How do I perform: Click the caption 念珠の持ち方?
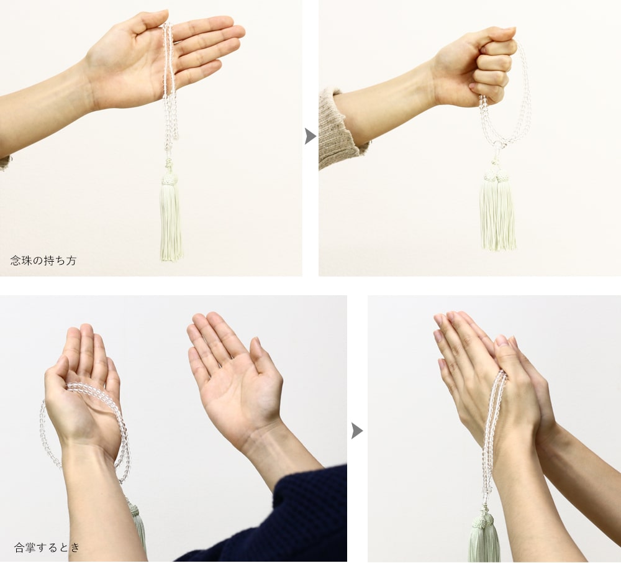coord(43,260)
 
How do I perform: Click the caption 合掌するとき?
coord(47,547)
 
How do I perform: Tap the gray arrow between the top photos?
coord(310,136)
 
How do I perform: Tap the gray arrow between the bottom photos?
coord(357,431)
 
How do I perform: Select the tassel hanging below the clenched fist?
coord(497,208)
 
